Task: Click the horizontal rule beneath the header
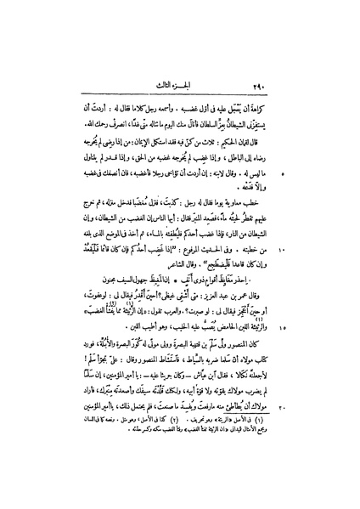tap(180, 44)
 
